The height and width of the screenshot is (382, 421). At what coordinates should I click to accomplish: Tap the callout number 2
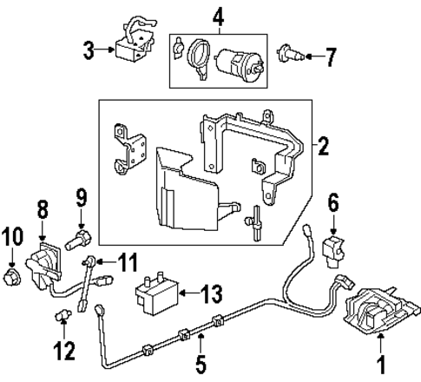coord(323,146)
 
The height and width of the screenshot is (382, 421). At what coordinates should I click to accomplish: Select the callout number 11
coord(128,260)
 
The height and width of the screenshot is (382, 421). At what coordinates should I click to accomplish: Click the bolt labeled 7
coord(293,57)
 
